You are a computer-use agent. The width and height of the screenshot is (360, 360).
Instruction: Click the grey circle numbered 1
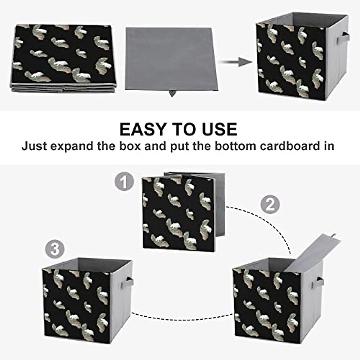[124, 182]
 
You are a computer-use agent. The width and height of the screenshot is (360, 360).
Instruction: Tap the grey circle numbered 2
[270, 205]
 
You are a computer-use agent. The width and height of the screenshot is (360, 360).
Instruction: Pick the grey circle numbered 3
[55, 249]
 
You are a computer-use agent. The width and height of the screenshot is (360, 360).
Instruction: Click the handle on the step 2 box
[320, 282]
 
